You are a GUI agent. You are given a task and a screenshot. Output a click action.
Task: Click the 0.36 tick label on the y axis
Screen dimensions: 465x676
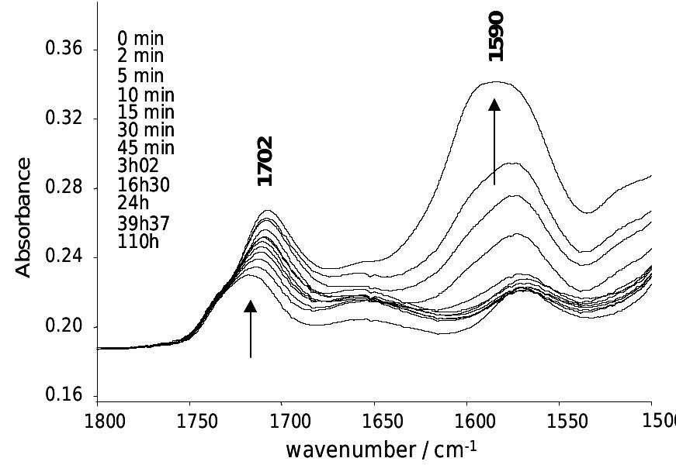[x=64, y=50]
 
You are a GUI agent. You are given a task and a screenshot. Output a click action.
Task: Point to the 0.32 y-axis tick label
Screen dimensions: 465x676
[x=64, y=119]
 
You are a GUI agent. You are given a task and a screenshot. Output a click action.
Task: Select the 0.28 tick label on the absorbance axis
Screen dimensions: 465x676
[x=64, y=188]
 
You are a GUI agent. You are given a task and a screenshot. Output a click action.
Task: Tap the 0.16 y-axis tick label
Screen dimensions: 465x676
[x=64, y=396]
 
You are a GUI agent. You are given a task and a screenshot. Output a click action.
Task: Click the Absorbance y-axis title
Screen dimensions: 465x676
[x=24, y=217]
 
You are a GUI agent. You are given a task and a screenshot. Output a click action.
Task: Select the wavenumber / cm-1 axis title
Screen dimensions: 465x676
[x=380, y=449]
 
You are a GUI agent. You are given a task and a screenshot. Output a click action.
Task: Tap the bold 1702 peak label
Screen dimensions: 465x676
[x=265, y=161]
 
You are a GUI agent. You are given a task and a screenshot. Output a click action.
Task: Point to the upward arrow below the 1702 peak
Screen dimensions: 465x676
[x=250, y=329]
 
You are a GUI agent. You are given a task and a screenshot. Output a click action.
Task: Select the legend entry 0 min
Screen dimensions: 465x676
[x=140, y=38]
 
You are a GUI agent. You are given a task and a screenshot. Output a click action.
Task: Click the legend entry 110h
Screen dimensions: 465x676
[x=137, y=242]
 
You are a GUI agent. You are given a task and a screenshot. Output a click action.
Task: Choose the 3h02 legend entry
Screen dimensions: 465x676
[x=140, y=167]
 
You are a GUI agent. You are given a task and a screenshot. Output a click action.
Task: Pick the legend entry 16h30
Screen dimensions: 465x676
[x=144, y=185]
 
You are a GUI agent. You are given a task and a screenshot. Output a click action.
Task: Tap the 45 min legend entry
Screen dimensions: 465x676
[x=146, y=148]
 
